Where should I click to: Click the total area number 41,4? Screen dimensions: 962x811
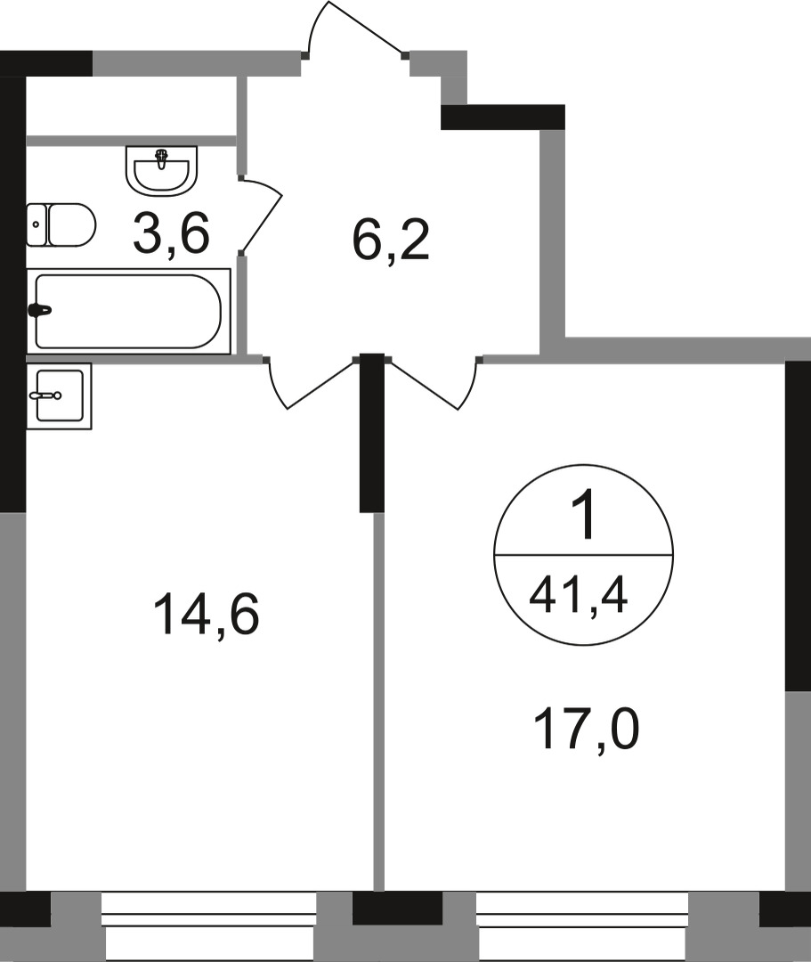579,592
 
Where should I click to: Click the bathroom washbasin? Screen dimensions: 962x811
161,170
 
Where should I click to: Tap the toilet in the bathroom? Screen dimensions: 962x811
61,224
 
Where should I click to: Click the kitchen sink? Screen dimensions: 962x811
59,395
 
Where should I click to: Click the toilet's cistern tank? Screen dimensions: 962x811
36,224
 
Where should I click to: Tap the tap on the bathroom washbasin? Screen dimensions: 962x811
161,159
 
